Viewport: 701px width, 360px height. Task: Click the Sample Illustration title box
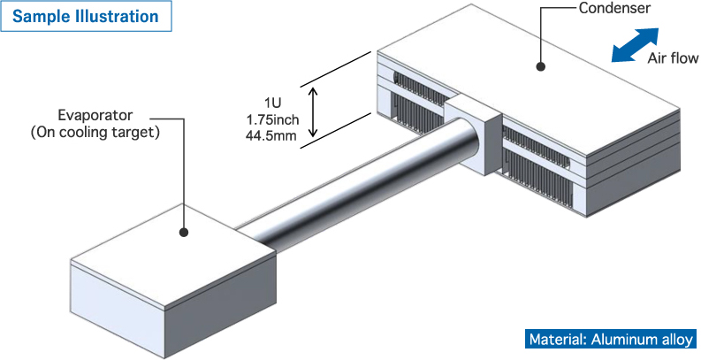click(x=86, y=17)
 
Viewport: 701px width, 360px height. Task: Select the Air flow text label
click(x=673, y=59)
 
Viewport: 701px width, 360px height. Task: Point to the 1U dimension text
click(x=273, y=102)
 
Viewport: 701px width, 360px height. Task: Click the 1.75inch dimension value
click(x=273, y=119)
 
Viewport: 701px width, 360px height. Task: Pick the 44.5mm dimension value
click(x=273, y=134)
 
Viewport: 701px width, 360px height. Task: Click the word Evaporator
click(x=95, y=116)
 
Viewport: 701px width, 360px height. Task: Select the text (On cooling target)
click(x=95, y=133)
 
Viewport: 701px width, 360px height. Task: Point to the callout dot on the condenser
click(x=541, y=65)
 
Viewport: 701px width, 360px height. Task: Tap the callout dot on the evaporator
click(x=184, y=233)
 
